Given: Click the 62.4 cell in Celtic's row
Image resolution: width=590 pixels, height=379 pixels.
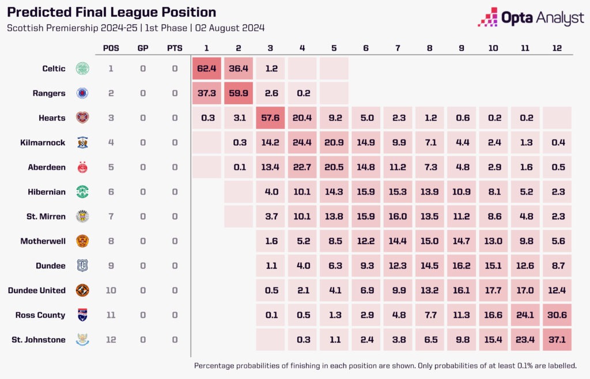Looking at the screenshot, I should click(x=206, y=69).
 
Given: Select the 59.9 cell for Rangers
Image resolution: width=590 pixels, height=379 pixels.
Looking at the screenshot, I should click(x=238, y=93).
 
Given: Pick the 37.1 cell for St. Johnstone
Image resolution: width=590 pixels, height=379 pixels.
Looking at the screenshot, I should click(x=557, y=340).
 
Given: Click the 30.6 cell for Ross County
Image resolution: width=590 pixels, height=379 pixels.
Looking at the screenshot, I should click(x=557, y=315).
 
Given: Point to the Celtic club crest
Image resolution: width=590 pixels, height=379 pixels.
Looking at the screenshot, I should click(x=83, y=69).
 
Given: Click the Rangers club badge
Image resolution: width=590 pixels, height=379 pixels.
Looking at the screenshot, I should click(x=83, y=93).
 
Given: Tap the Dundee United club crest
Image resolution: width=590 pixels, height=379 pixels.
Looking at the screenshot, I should click(x=83, y=290).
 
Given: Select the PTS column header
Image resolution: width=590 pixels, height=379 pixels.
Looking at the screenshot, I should click(x=175, y=48).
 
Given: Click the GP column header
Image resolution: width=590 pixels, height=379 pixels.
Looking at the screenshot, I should click(x=143, y=48).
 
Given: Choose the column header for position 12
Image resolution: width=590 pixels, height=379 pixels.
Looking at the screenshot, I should click(x=557, y=48).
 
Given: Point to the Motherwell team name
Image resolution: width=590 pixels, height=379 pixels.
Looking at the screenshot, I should click(x=43, y=241).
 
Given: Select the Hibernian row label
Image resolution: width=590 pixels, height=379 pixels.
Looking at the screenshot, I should click(x=47, y=192).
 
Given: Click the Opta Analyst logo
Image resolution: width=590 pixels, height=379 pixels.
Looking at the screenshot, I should click(x=531, y=18).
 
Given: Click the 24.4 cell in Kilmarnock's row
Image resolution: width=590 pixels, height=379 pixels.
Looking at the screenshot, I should click(x=302, y=142).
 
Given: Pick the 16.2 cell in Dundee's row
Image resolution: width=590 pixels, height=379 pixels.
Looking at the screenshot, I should click(x=461, y=266).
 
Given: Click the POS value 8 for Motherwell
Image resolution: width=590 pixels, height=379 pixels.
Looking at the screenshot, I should click(x=111, y=241).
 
